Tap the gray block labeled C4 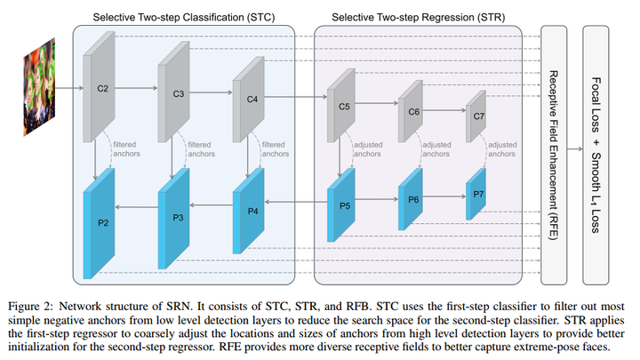pos(251,100)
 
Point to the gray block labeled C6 pos(412,113)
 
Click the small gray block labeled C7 pos(478,116)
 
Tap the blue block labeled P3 pos(177,216)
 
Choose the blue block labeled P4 pos(251,211)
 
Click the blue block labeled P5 pos(343,206)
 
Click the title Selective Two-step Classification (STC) pos(183,17)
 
